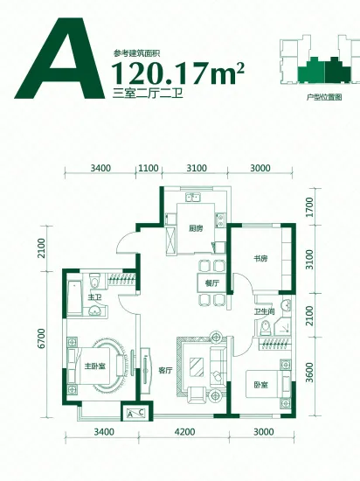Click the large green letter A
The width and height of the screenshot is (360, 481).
59,59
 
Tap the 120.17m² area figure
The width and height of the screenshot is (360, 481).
178,73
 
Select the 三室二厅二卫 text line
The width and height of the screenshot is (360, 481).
148,93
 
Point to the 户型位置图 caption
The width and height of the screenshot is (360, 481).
324,97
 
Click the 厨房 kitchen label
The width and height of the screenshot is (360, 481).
196,228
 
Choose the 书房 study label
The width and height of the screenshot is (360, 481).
260,259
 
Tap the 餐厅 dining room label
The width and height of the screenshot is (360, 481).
212,283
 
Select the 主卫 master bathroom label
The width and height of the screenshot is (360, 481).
94,297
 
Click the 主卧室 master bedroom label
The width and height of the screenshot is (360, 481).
95,366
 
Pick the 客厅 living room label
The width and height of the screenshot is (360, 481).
165,370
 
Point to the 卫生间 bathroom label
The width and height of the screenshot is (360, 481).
265,311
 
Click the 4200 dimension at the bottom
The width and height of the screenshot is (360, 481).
184,432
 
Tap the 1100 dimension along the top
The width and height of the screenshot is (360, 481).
149,168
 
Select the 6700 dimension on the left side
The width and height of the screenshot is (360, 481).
41,338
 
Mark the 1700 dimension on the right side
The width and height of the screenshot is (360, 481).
310,207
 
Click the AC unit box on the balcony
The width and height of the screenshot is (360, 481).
135,413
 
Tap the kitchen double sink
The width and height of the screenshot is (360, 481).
192,197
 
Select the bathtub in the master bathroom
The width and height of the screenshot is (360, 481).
74,298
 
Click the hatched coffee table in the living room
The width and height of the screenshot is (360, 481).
196,366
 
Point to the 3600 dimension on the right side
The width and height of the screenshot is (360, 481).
310,373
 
